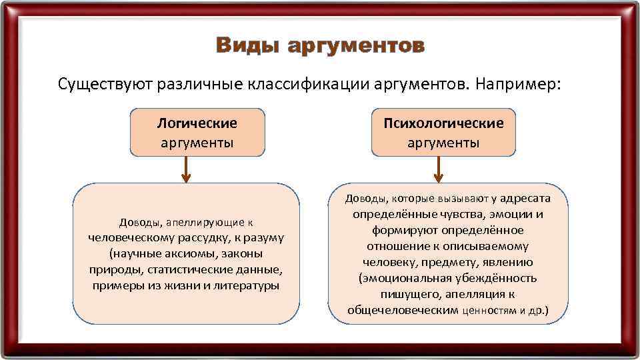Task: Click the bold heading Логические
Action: (x=197, y=123)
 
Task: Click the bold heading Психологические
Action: (x=443, y=123)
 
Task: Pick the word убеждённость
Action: (x=495, y=278)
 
